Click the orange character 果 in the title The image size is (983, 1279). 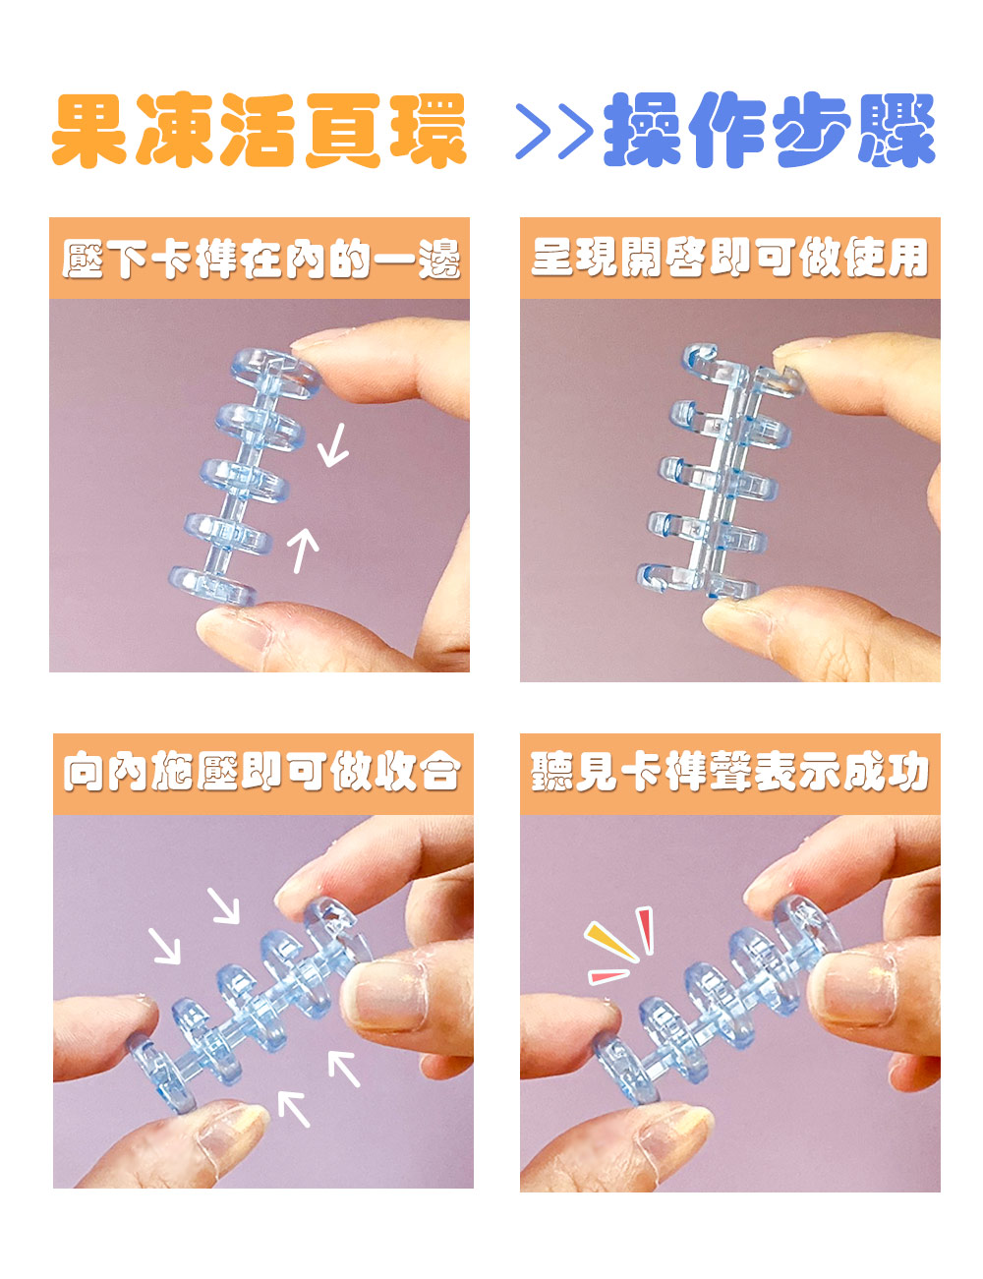(x=89, y=130)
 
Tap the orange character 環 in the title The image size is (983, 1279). (x=428, y=130)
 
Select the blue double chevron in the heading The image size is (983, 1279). (x=554, y=131)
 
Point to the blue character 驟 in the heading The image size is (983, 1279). (x=896, y=130)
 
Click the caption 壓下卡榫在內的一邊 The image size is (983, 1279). (x=260, y=259)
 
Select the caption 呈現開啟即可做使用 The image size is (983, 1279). (x=729, y=258)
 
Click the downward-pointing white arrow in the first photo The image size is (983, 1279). (x=333, y=445)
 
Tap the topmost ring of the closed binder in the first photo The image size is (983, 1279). (x=275, y=374)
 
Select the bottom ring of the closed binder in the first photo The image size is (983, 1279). (x=213, y=586)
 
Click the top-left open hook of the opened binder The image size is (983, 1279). (x=700, y=359)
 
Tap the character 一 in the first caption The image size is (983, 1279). (x=394, y=259)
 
